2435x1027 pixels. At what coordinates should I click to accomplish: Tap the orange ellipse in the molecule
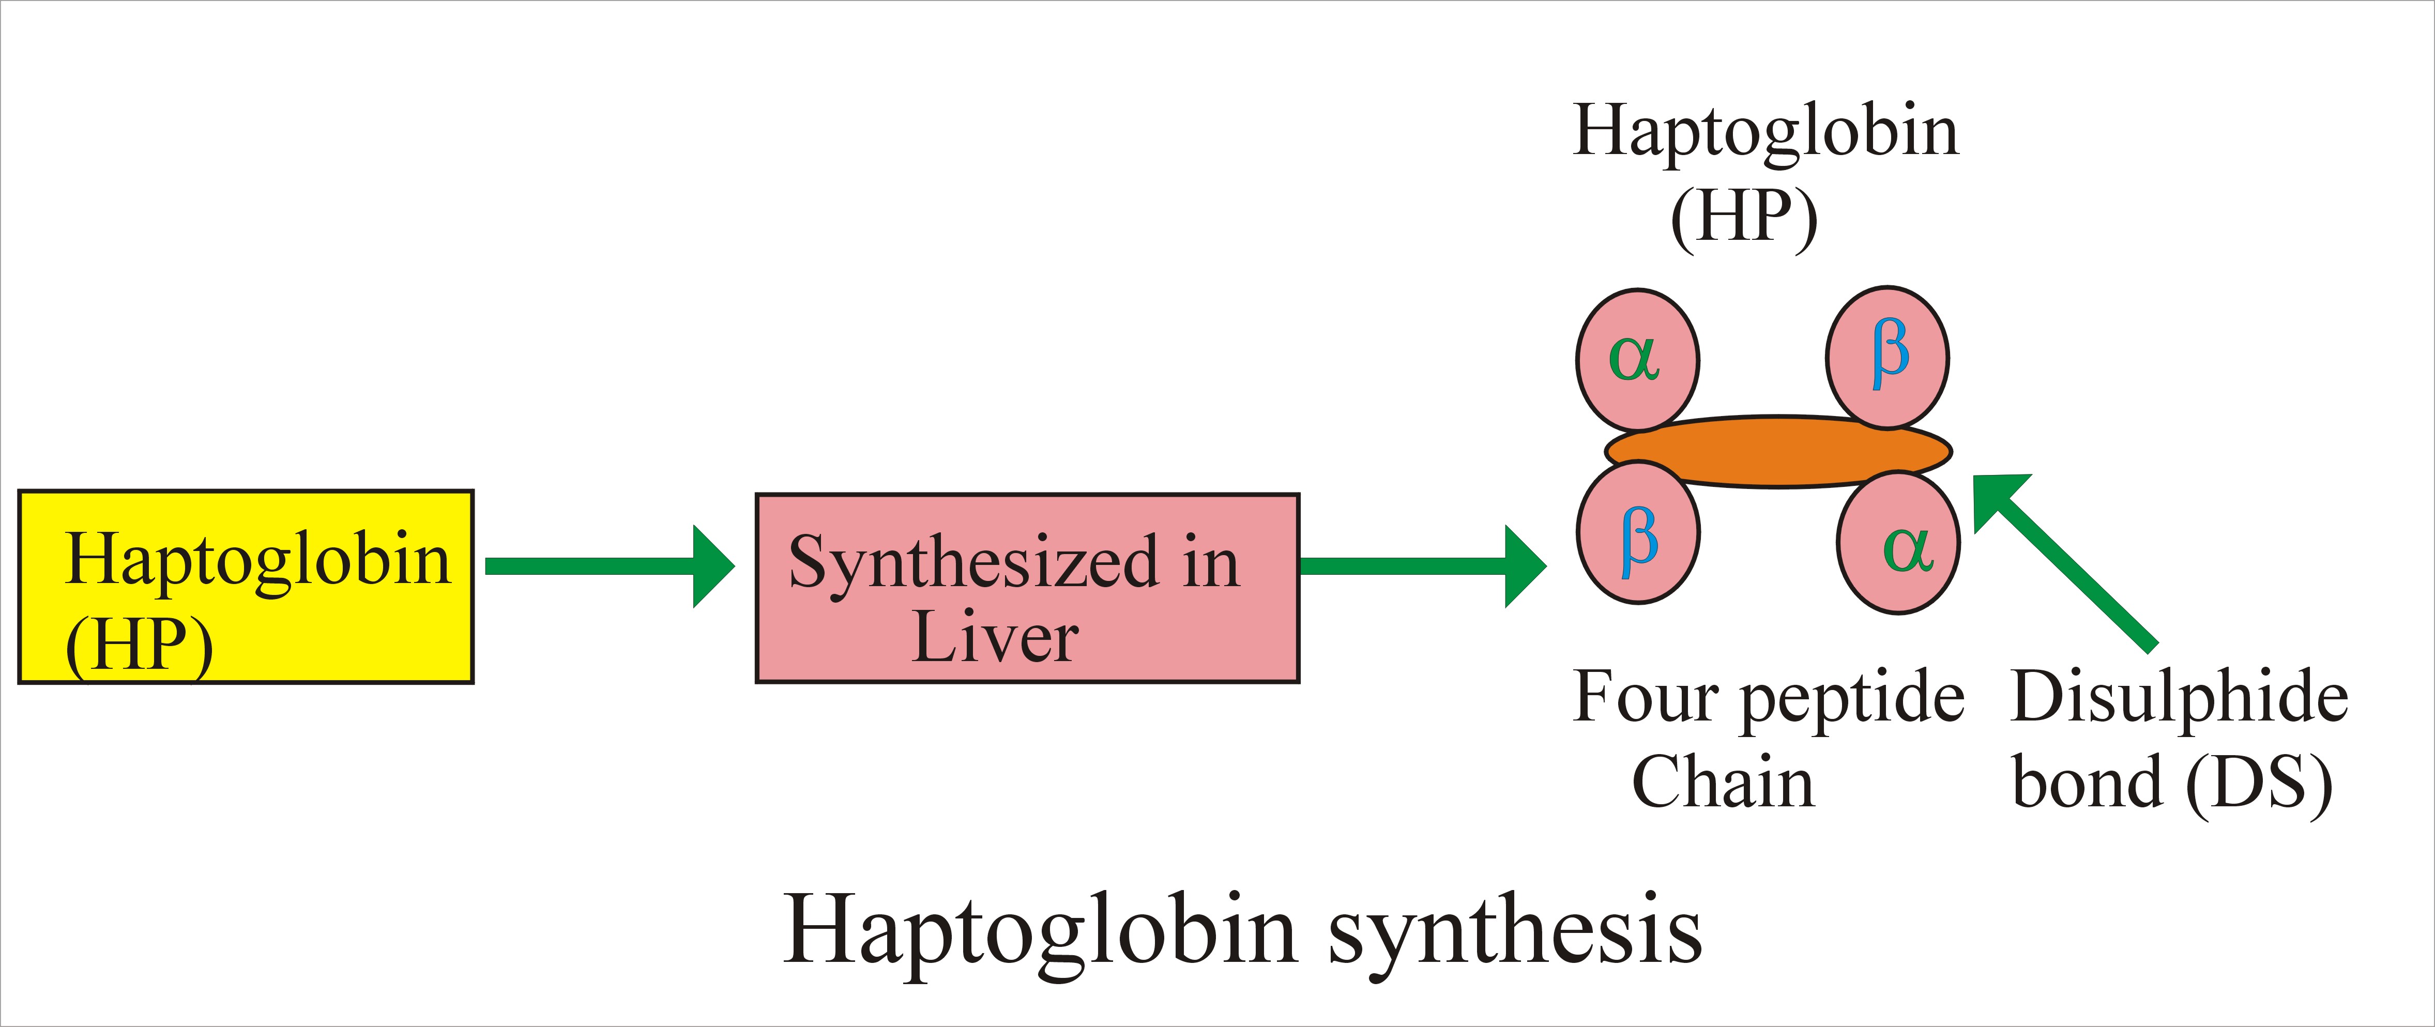1777,452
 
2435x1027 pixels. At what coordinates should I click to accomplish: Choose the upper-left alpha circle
1637,359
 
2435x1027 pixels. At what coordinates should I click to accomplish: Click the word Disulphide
2179,697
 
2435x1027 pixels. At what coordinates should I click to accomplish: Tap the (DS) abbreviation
2259,784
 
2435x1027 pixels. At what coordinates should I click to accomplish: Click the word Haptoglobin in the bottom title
1040,931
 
